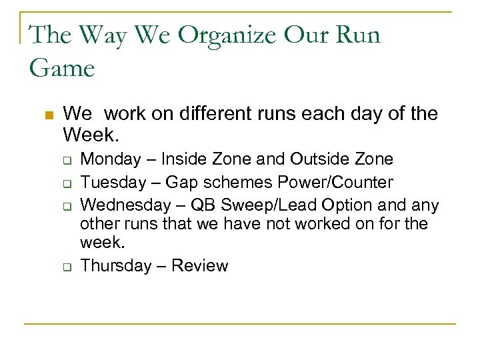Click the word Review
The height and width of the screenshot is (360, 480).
(x=200, y=266)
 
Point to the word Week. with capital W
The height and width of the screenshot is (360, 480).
(x=91, y=135)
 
